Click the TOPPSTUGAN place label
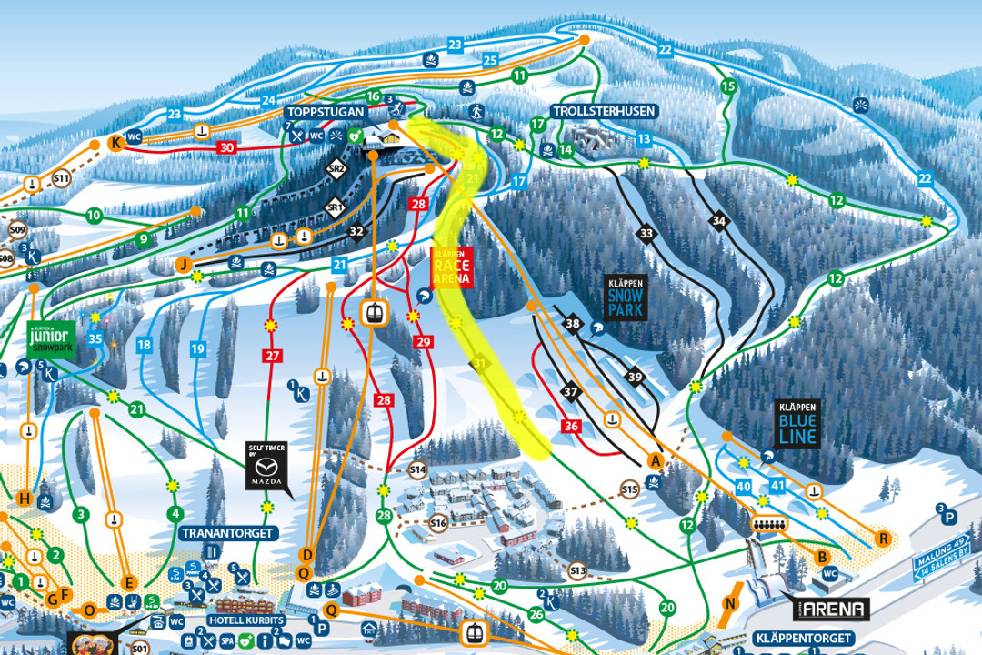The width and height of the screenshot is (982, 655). (323, 111)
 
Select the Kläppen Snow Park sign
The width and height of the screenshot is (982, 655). (625, 297)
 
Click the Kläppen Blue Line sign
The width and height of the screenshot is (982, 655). (797, 425)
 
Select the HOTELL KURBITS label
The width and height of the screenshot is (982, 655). (246, 620)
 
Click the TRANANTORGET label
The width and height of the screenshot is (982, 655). (227, 532)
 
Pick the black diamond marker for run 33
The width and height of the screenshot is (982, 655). (646, 235)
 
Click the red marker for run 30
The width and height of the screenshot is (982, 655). (227, 147)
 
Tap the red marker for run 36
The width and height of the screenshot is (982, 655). (571, 426)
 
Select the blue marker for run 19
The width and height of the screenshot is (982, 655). (197, 348)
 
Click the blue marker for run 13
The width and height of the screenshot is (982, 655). (644, 139)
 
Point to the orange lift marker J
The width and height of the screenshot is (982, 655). (184, 265)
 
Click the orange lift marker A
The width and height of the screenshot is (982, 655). (653, 460)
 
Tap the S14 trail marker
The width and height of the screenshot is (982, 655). (417, 469)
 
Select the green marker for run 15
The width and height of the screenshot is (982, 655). (726, 86)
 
